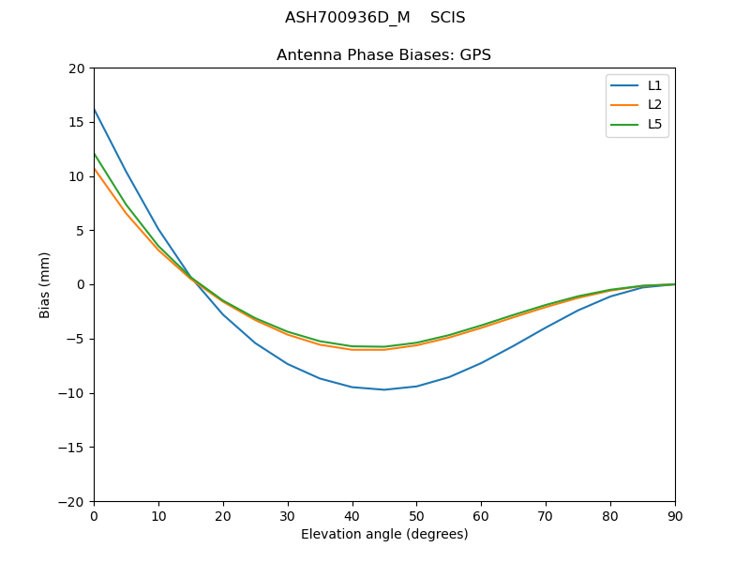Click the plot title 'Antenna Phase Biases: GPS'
[x=383, y=55]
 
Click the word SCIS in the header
[x=448, y=18]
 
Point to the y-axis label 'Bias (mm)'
[x=45, y=284]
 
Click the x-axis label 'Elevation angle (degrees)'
[x=384, y=534]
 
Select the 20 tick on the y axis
[x=77, y=68]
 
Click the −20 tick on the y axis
[x=73, y=501]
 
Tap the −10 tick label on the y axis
[x=73, y=393]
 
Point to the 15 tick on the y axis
[x=77, y=122]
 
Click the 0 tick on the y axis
[x=81, y=284]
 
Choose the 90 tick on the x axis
[x=675, y=516]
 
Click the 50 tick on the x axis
[x=416, y=516]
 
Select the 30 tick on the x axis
[x=288, y=516]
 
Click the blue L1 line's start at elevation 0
[x=95, y=110]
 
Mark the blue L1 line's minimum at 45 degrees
[x=384, y=389]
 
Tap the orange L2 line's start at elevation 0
[x=95, y=169]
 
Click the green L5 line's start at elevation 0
[x=95, y=154]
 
